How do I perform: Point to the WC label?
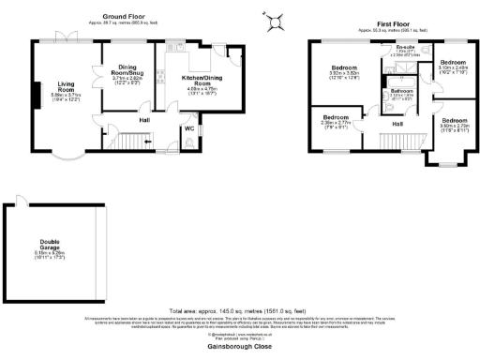(x=189, y=127)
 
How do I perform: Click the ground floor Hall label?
(x=145, y=120)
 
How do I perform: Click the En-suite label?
(x=405, y=47)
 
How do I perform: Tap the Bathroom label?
(x=402, y=91)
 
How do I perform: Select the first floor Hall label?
(x=397, y=123)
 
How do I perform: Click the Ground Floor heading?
(x=124, y=17)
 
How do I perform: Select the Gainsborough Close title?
(x=239, y=345)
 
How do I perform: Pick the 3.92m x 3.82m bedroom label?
(x=344, y=70)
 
